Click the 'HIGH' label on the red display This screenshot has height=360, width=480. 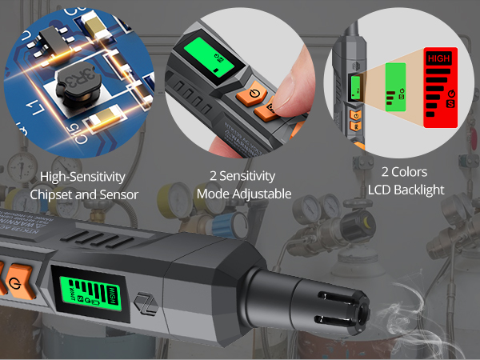pos(438,58)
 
